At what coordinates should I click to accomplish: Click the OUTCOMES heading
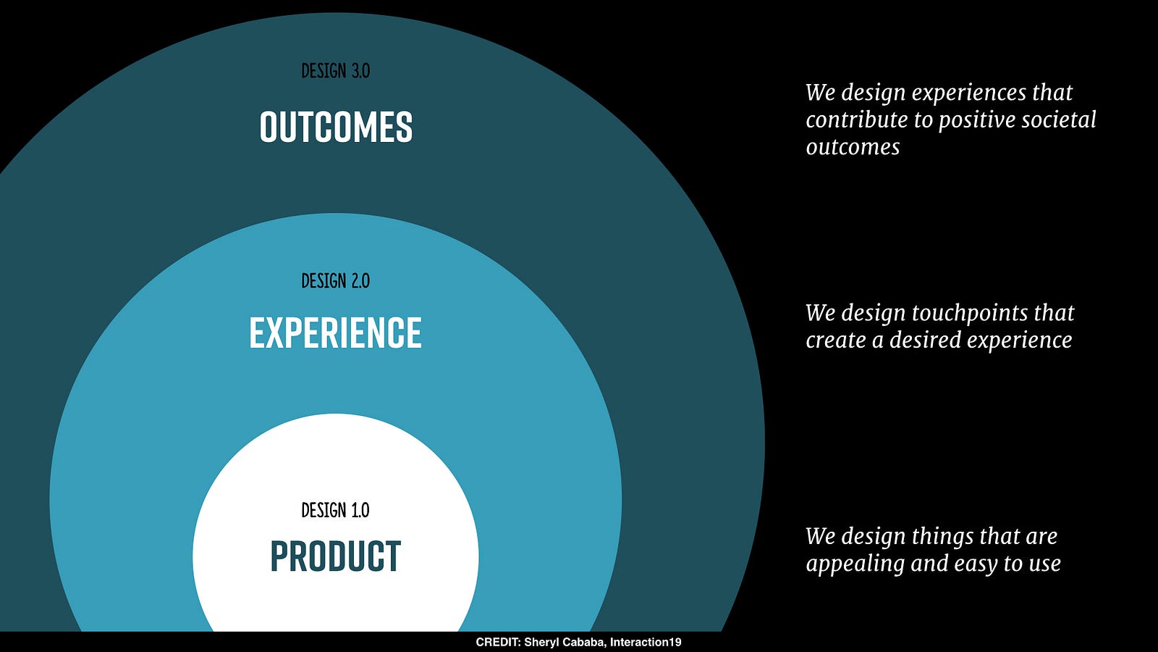[336, 127]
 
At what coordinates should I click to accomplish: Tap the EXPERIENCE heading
[336, 333]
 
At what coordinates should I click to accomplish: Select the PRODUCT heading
[336, 556]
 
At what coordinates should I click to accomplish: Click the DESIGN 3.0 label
[336, 71]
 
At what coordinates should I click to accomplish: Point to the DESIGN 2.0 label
[336, 281]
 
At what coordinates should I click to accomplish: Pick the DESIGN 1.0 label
[336, 510]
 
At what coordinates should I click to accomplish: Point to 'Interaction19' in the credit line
[646, 642]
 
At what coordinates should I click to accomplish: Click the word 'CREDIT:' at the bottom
[498, 642]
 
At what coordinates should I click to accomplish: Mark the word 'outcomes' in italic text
[853, 148]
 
